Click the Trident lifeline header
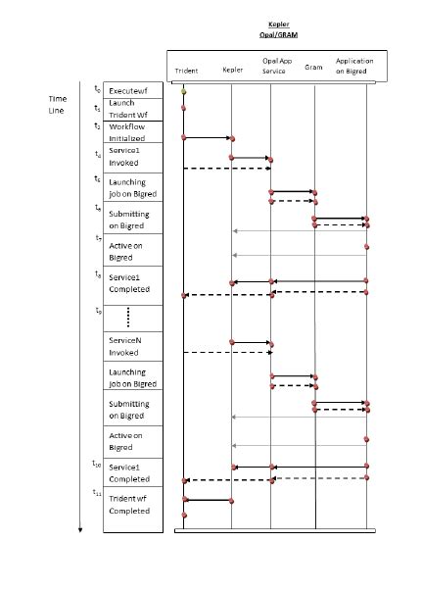click(x=186, y=71)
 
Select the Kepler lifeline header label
click(x=233, y=70)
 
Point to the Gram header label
click(x=314, y=68)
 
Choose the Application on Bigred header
click(x=353, y=66)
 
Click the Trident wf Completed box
click(x=129, y=505)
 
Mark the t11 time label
click(x=97, y=492)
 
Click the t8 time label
click(x=97, y=274)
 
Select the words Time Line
click(x=58, y=105)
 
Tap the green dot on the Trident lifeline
click(x=183, y=91)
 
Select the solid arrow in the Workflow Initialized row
click(x=208, y=138)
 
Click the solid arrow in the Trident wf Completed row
click(x=208, y=500)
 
